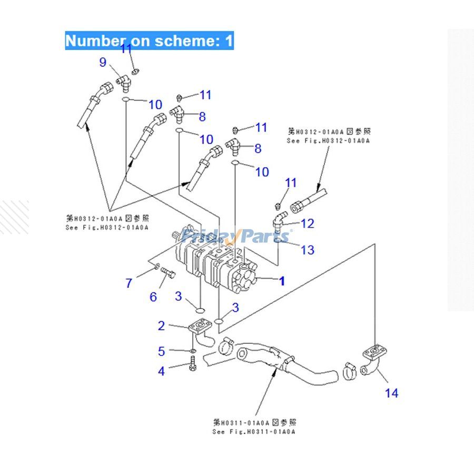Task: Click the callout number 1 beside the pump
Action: tap(282, 281)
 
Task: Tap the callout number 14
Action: tap(391, 392)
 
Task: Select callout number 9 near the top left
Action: tap(103, 63)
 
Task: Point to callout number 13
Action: tap(307, 249)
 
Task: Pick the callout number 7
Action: tap(129, 283)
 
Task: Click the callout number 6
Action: tap(153, 297)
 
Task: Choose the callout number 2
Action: tap(162, 325)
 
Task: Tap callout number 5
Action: tap(162, 351)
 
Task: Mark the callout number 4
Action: tap(162, 371)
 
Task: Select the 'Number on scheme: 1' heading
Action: tap(149, 41)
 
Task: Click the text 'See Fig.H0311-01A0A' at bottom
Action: tap(254, 431)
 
